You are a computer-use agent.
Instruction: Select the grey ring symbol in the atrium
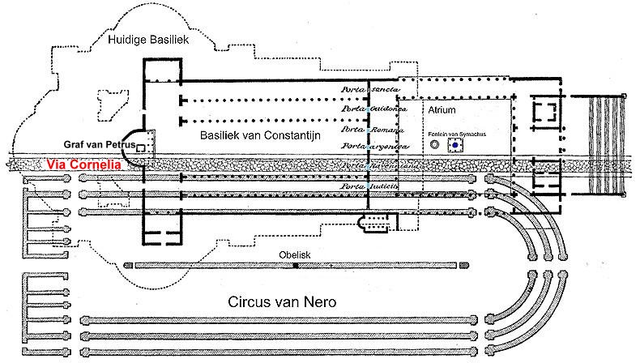coord(434,144)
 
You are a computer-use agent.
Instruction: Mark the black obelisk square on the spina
coord(296,265)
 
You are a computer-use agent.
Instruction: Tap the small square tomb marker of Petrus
coord(140,147)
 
